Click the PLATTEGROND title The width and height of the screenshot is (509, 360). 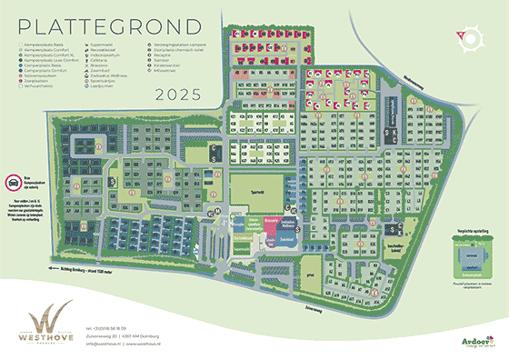tap(90, 24)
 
